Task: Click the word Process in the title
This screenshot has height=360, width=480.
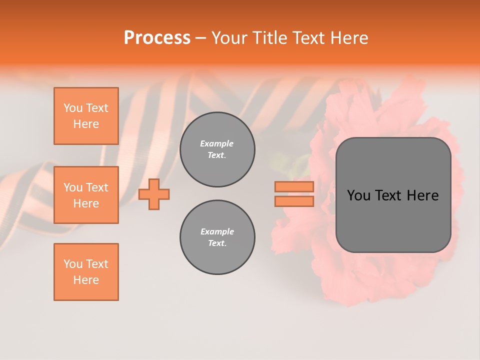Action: click(x=157, y=38)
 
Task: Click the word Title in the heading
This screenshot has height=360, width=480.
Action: click(x=267, y=38)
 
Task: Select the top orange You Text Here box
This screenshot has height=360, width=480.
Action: click(x=86, y=116)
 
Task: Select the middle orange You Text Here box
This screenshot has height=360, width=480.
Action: click(x=86, y=195)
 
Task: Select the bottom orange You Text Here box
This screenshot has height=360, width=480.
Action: click(x=86, y=272)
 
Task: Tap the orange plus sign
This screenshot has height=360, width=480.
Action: click(x=154, y=194)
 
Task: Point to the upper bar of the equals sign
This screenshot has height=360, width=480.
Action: click(x=294, y=187)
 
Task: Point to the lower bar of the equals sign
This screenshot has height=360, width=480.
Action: click(x=294, y=201)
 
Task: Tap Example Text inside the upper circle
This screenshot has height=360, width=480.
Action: click(x=217, y=149)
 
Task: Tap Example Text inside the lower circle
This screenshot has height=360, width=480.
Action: click(x=217, y=237)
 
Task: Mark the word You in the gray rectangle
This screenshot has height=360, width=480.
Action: click(x=359, y=195)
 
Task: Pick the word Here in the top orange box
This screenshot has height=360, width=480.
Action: click(x=86, y=124)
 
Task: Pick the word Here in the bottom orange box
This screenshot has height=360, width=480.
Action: click(x=86, y=280)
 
